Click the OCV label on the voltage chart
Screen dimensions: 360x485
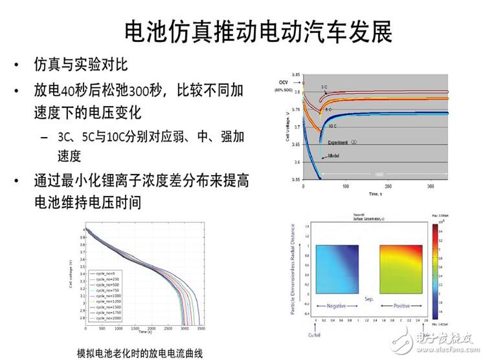(283, 82)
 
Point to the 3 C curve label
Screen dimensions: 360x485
(324, 87)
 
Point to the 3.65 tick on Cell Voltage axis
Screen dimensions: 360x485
(295, 144)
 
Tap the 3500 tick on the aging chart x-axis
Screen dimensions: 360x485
(203, 328)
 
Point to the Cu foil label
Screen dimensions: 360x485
(314, 335)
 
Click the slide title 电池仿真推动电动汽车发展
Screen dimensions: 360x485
(258, 31)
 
